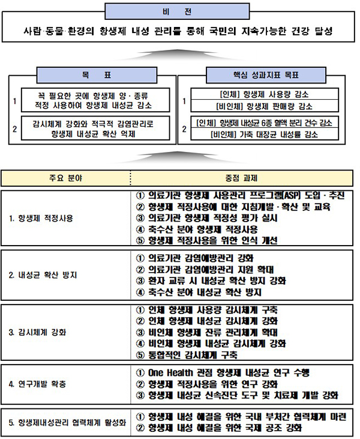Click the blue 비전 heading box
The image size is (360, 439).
(x=177, y=11)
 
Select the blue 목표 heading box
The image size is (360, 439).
(x=97, y=75)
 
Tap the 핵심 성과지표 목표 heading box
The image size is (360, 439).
(x=266, y=75)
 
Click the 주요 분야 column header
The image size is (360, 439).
(x=66, y=178)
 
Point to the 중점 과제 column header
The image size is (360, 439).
(x=241, y=178)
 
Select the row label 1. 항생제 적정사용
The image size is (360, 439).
(x=41, y=218)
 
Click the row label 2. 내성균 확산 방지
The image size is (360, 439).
(x=43, y=275)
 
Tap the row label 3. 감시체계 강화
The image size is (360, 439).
(x=37, y=332)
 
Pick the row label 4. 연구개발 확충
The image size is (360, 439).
(x=37, y=384)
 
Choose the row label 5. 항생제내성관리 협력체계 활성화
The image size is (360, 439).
(x=67, y=422)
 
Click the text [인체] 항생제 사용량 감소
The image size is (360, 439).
(x=264, y=94)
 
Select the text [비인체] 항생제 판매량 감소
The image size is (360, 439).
(x=264, y=106)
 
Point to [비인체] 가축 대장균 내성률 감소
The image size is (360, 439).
(x=264, y=135)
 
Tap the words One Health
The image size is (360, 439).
(x=170, y=373)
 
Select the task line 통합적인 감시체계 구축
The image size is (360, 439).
(x=187, y=355)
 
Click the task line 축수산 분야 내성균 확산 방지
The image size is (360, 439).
(x=199, y=292)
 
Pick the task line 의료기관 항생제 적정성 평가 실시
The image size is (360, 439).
(x=207, y=218)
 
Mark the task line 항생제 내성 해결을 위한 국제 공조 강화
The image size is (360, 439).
(x=219, y=428)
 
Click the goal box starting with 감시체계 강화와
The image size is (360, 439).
(x=95, y=129)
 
